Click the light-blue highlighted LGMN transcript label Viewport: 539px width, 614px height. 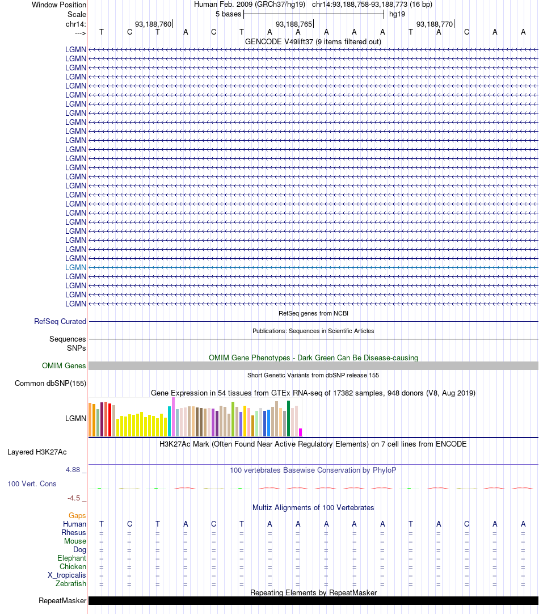(x=75, y=267)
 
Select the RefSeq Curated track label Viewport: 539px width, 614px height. (x=60, y=322)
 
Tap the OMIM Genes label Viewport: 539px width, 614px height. (x=64, y=366)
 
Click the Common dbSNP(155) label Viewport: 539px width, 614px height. (x=50, y=384)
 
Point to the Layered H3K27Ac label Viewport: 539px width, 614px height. (x=37, y=452)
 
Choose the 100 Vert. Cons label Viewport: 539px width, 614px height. (x=32, y=484)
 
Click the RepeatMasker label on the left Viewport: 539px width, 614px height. (x=62, y=601)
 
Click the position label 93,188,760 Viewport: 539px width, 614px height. (x=153, y=24)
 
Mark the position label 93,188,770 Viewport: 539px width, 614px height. (x=435, y=24)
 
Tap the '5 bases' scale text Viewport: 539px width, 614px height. (x=228, y=14)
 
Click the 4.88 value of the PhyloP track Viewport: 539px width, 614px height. (x=74, y=470)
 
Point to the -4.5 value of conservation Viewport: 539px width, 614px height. (x=74, y=498)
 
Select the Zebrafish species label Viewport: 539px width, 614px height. (x=71, y=584)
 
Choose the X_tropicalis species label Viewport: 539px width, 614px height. (x=67, y=575)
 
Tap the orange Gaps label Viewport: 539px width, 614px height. (x=78, y=516)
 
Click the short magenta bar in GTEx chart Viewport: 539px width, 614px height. (x=301, y=432)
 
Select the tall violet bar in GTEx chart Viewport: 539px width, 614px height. (x=173, y=417)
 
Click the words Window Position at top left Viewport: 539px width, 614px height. (x=59, y=5)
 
